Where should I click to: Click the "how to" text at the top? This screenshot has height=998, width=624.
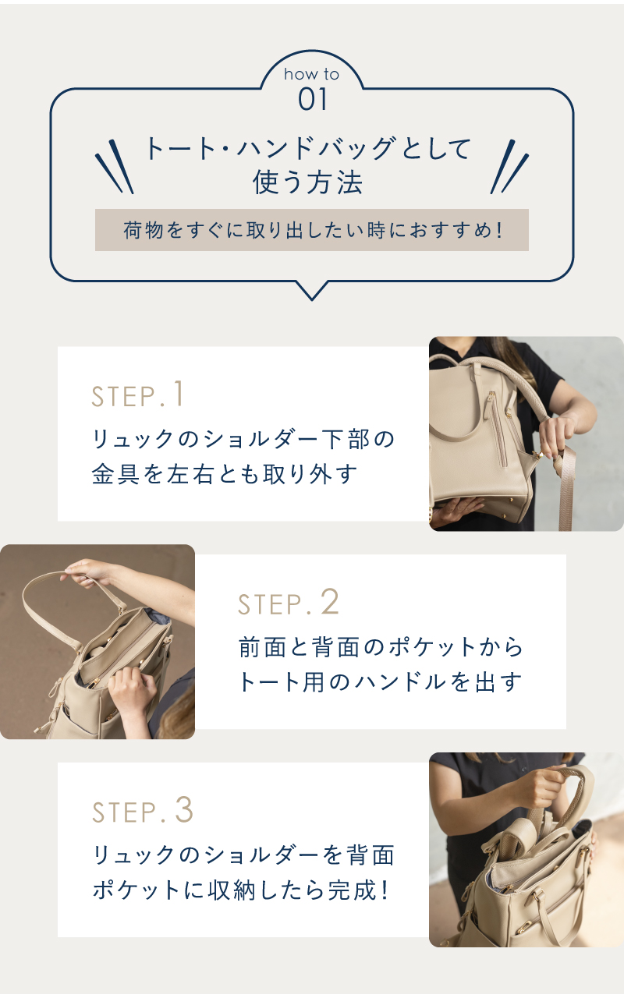(x=311, y=74)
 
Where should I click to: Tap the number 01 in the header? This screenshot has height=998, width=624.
(x=313, y=99)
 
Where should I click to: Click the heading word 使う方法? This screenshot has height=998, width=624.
(x=308, y=182)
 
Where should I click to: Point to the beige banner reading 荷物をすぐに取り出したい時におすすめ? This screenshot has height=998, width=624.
(x=311, y=230)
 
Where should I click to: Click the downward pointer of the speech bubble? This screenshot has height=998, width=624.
(x=312, y=292)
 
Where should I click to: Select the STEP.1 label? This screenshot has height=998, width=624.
(x=137, y=394)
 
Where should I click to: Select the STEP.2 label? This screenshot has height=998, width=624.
(x=289, y=602)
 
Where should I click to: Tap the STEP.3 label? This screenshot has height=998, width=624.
(x=143, y=810)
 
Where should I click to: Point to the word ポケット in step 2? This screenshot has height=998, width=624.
(x=431, y=647)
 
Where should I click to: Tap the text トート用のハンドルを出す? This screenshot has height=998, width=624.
(x=380, y=682)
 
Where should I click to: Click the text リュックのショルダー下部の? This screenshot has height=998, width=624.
(x=243, y=439)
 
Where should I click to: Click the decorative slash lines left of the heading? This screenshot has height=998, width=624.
(x=114, y=167)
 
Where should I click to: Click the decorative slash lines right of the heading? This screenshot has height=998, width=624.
(x=509, y=167)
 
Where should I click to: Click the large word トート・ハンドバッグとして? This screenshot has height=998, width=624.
(x=308, y=148)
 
